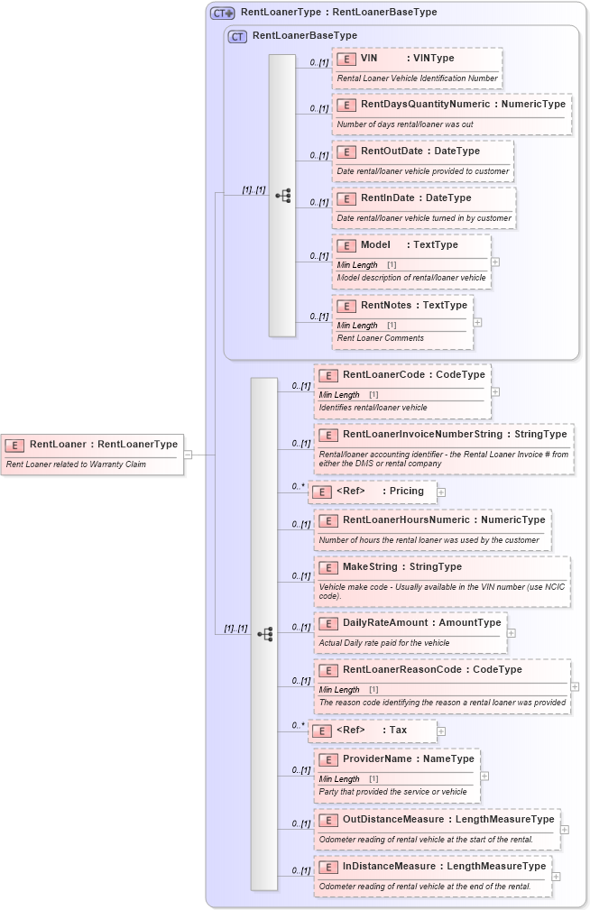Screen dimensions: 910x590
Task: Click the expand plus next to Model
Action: (495, 262)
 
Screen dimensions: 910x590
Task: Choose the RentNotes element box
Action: (402, 322)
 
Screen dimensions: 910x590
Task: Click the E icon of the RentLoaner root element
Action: (15, 445)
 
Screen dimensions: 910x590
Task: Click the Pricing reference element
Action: (373, 492)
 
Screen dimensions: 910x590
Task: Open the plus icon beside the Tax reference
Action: (441, 731)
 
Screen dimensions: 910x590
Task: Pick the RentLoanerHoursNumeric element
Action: (431, 529)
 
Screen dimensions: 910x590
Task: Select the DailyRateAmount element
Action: (410, 632)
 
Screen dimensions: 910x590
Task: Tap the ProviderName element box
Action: (396, 775)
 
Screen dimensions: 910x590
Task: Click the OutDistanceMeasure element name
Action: (393, 820)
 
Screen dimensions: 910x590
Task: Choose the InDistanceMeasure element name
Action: (389, 867)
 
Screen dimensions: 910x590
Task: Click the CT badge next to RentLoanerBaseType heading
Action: (238, 36)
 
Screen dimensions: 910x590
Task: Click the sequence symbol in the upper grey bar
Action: (282, 195)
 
